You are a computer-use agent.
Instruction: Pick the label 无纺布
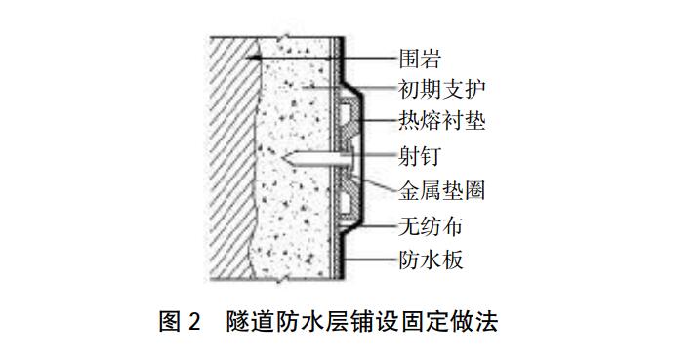[x=431, y=228]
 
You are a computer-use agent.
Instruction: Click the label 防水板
[x=431, y=260]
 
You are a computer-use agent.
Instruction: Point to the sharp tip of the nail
[x=280, y=157]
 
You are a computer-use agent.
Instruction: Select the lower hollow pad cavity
[x=348, y=201]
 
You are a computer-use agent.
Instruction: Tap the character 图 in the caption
[x=168, y=320]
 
